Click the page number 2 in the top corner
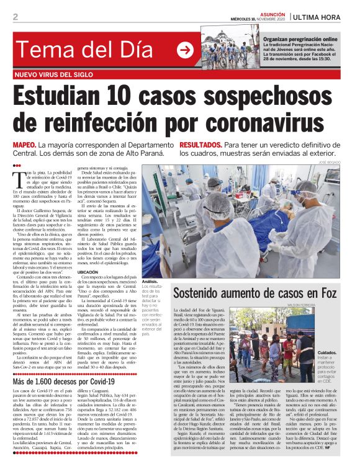[15, 16]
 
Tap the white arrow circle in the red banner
[185, 50]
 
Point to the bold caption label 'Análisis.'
[151, 281]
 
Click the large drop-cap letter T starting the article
[20, 178]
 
